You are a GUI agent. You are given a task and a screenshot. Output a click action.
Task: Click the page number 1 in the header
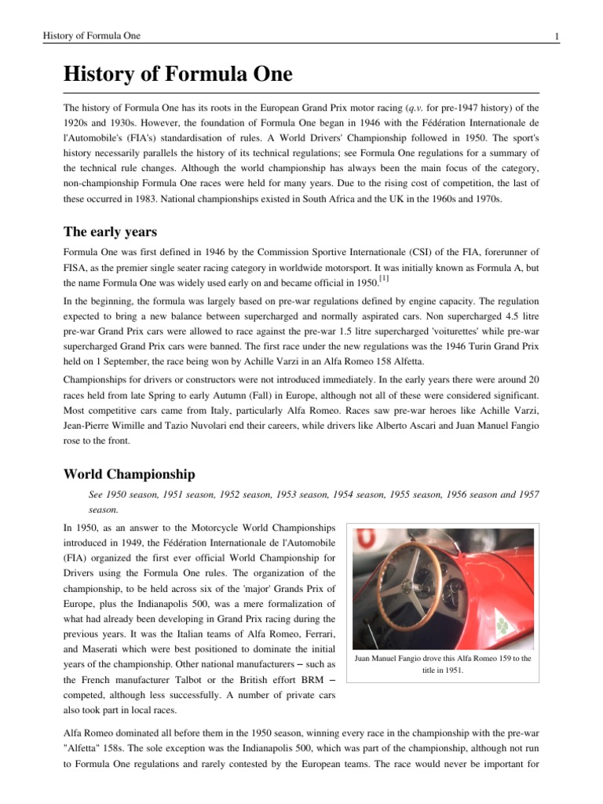coord(556,36)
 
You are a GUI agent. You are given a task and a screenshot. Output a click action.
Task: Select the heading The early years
coord(110,232)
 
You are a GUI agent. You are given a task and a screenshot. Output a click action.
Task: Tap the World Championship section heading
coord(130,475)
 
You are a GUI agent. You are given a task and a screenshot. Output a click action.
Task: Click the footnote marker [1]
coord(383,279)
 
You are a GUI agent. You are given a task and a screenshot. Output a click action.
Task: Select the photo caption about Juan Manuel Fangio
coord(444,664)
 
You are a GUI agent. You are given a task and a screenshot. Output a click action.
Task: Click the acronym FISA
coord(75,267)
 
